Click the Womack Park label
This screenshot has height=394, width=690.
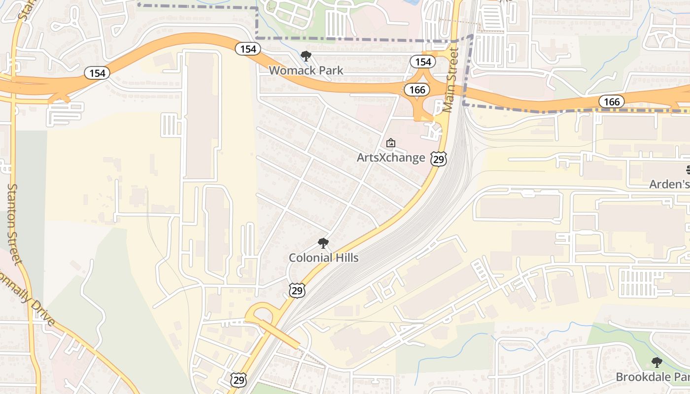(x=306, y=70)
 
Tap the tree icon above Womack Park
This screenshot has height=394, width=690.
(x=306, y=56)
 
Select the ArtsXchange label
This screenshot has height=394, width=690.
(x=391, y=158)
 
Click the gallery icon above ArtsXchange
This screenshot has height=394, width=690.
(x=391, y=143)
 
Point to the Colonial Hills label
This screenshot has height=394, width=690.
(x=323, y=258)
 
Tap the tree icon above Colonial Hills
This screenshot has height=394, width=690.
(x=323, y=243)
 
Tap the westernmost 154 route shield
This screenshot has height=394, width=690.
(x=97, y=73)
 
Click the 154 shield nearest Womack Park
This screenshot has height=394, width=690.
(x=247, y=49)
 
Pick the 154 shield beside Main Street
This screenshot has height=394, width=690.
(x=423, y=62)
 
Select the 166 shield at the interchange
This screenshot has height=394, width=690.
(x=417, y=90)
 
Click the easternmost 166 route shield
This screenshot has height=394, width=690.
(x=612, y=101)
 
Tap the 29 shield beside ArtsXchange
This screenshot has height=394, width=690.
(x=438, y=159)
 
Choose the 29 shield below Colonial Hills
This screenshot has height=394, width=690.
(x=297, y=291)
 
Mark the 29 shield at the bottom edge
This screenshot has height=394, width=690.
(x=239, y=379)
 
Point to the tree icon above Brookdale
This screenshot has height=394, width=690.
(x=656, y=363)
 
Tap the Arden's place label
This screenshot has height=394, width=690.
(x=669, y=184)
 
